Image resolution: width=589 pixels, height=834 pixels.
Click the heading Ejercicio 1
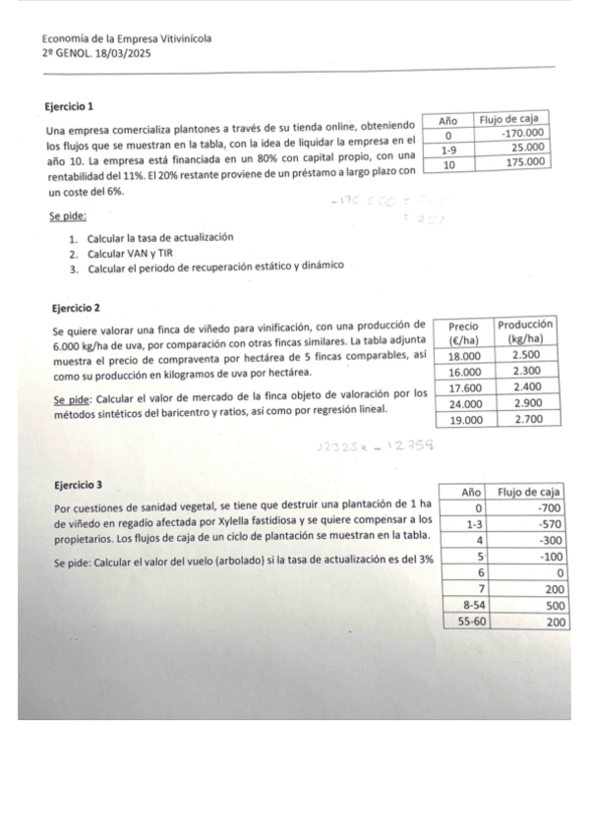(x=70, y=105)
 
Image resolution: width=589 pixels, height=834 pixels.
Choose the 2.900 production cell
(x=527, y=403)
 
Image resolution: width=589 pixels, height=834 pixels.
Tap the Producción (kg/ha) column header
(x=526, y=331)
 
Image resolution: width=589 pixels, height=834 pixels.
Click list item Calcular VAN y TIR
(x=126, y=254)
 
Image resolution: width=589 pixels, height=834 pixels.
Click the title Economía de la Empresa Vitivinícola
(x=126, y=38)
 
